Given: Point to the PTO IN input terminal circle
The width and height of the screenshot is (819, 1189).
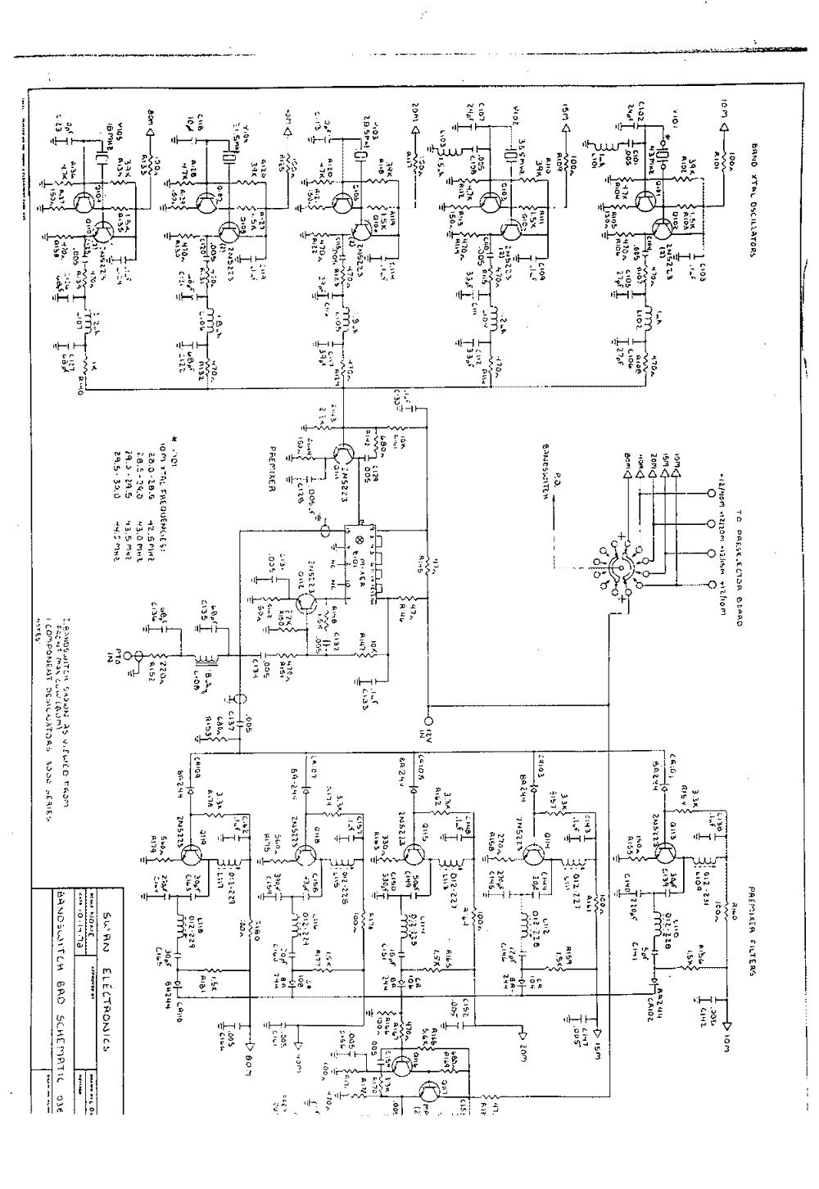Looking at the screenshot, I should click(138, 656).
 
